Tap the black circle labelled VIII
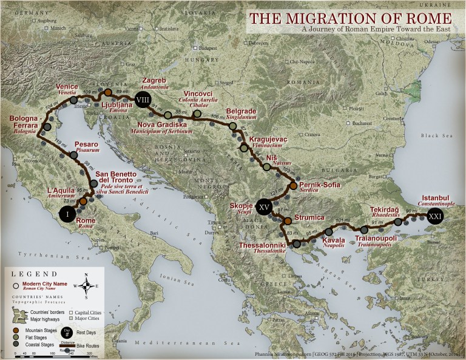tap(143, 100)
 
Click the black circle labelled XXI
tap(435, 216)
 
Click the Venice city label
tap(67, 86)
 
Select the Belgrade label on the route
tap(242, 112)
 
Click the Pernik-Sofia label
tap(322, 184)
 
